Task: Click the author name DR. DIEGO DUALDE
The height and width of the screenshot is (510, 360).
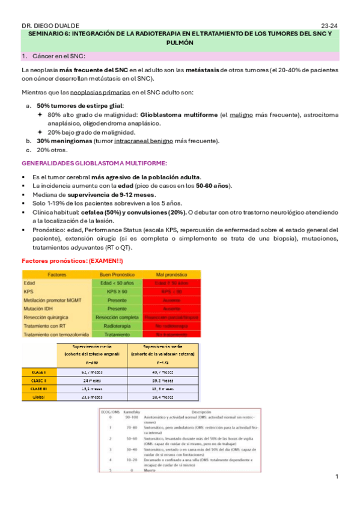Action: click(x=45, y=26)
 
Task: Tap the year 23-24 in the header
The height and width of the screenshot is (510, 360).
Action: click(x=330, y=26)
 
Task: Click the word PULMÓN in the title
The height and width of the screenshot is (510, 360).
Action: click(x=180, y=43)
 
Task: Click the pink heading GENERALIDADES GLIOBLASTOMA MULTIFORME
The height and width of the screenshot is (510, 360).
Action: click(x=94, y=163)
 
